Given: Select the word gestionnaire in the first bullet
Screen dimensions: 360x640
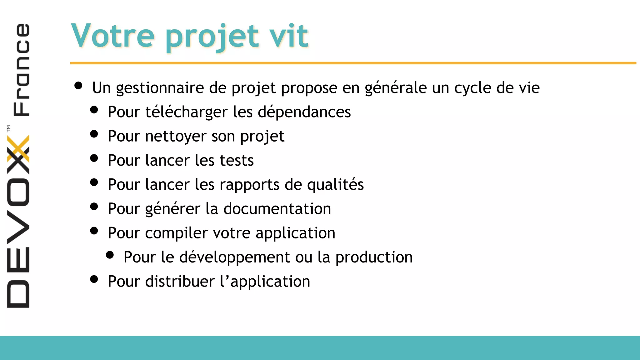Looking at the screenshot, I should [x=160, y=88].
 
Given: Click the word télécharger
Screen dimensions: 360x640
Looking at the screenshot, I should [x=187, y=112].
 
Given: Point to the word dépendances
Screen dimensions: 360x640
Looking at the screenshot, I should [x=304, y=112].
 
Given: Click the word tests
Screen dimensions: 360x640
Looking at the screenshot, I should [x=237, y=160].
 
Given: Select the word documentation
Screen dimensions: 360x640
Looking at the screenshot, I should [x=277, y=209].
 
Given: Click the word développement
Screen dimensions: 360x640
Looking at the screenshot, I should [x=235, y=257].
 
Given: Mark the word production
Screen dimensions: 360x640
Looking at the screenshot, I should [x=374, y=257].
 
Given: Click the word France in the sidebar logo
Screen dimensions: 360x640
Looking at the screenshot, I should [x=21, y=69].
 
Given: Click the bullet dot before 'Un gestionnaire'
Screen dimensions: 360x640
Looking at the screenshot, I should [x=78, y=86].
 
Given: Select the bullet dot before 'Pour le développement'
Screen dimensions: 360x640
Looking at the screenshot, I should [x=110, y=255].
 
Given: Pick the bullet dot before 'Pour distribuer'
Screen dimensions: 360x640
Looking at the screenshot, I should [x=94, y=279].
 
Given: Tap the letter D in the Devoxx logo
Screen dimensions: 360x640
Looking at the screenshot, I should [x=18, y=294].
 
